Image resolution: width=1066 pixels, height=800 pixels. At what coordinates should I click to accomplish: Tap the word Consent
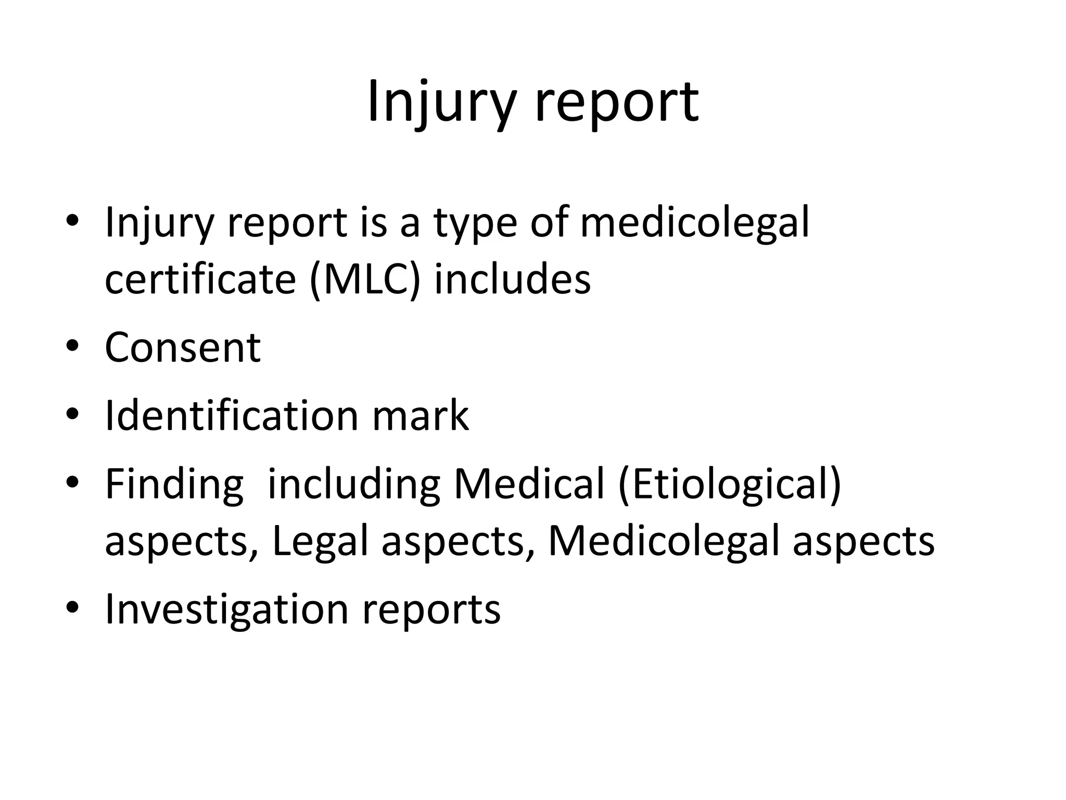[183, 347]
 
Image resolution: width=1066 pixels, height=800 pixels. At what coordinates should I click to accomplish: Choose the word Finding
[174, 486]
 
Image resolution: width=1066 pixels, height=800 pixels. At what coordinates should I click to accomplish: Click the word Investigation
[226, 610]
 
